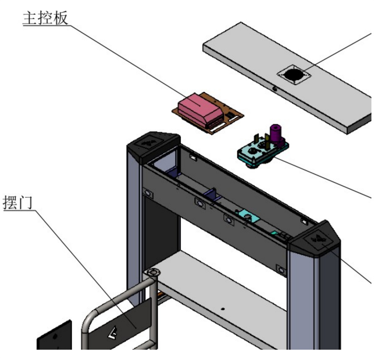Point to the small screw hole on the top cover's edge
click(275, 89)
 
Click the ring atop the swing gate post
click(152, 272)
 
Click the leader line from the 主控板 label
click(127, 60)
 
